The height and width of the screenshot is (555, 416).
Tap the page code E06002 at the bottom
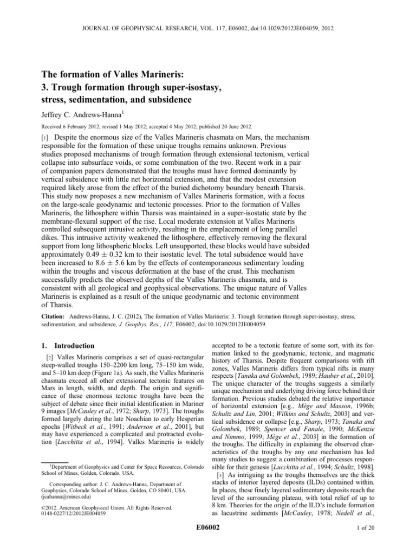[208, 535]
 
